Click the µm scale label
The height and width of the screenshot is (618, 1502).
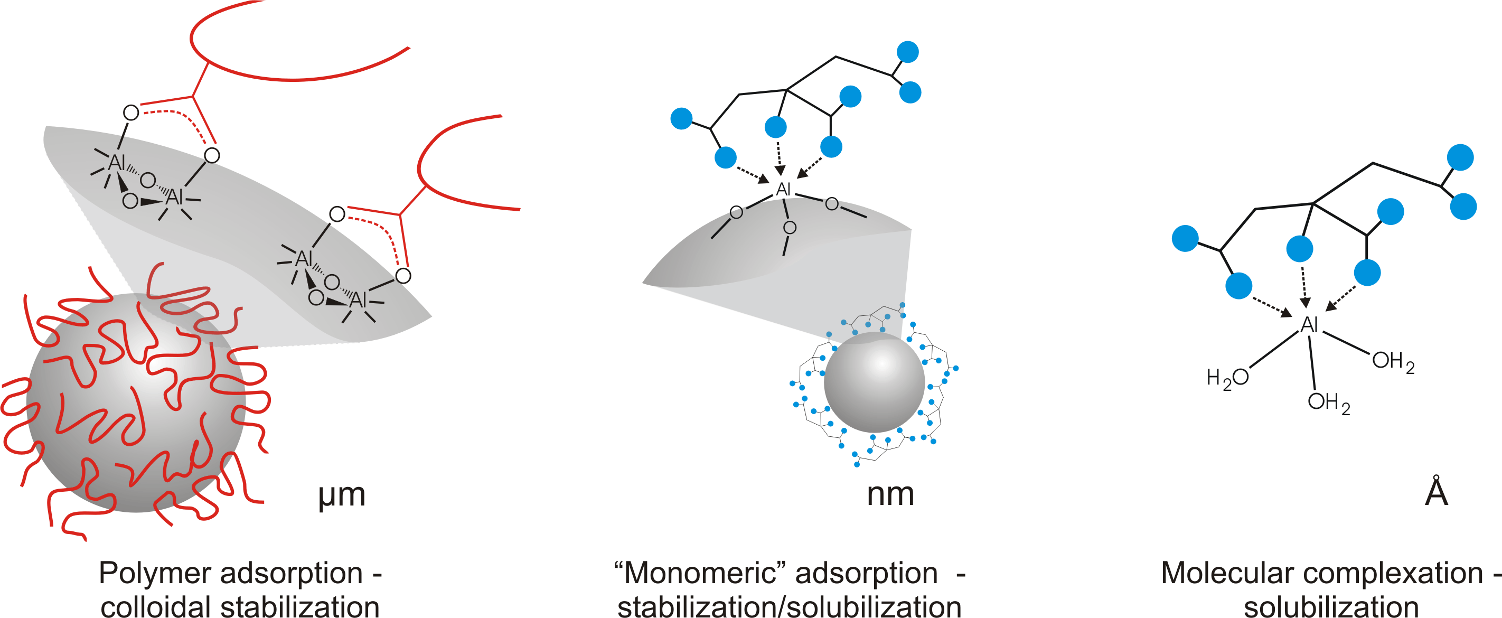coord(342,495)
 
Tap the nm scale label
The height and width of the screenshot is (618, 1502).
coord(890,494)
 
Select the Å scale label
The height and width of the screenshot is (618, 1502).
coord(1436,492)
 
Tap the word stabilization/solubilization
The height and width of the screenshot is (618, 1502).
coord(789,606)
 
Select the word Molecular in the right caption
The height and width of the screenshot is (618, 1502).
coord(1227,573)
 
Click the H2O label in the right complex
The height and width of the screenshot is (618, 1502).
coord(1227,378)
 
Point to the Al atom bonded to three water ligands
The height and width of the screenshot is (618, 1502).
coord(1310,325)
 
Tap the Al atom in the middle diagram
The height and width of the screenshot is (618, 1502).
coord(783,190)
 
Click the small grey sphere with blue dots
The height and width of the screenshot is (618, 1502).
coord(874,382)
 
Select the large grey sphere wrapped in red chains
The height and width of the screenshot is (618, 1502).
coord(136,402)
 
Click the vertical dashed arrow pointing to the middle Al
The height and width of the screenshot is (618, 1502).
coord(779,156)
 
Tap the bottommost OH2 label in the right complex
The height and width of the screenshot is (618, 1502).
coord(1328,402)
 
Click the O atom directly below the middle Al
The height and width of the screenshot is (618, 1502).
coord(790,227)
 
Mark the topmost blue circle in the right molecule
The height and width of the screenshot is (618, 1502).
coord(1460,157)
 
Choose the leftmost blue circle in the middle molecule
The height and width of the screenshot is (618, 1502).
coord(681,118)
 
